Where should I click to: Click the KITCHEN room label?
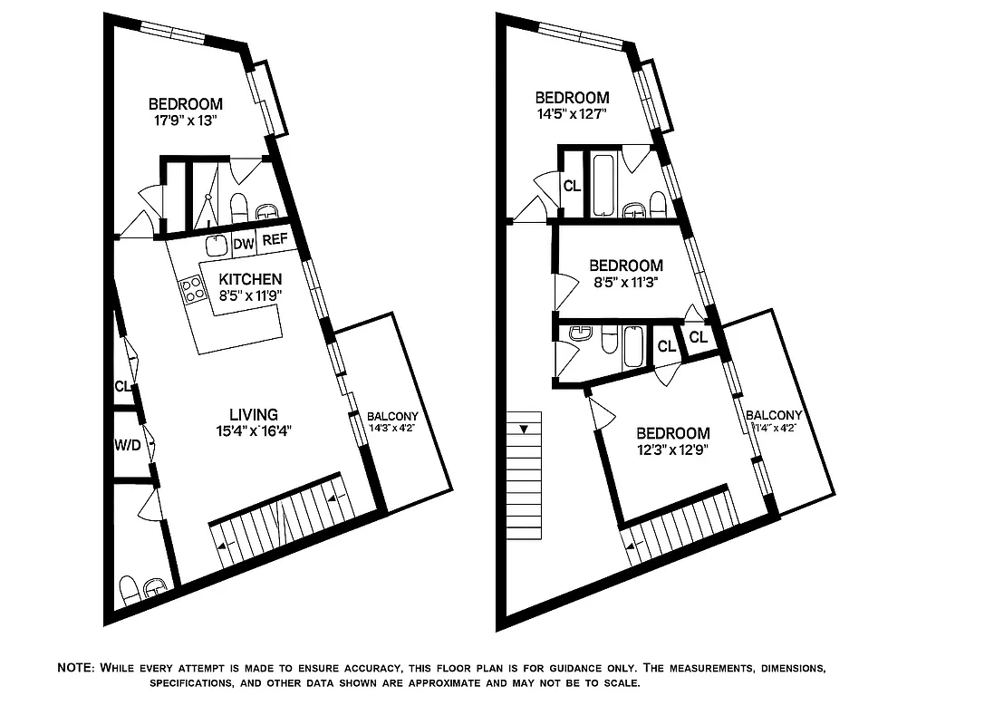pyautogui.click(x=250, y=279)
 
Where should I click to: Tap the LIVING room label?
pyautogui.click(x=253, y=414)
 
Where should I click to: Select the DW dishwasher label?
pyautogui.click(x=243, y=243)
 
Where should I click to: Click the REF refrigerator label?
pyautogui.click(x=274, y=241)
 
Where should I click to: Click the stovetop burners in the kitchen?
pyautogui.click(x=192, y=289)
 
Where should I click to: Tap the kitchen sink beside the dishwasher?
pyautogui.click(x=216, y=244)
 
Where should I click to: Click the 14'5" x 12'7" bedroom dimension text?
pyautogui.click(x=571, y=114)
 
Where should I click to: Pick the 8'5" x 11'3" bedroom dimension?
pyautogui.click(x=625, y=282)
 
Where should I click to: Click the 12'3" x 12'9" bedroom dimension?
pyautogui.click(x=672, y=449)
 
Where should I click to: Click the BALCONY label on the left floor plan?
pyautogui.click(x=392, y=417)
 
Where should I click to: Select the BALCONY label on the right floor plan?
pyautogui.click(x=773, y=415)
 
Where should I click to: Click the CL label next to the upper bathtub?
pyautogui.click(x=572, y=187)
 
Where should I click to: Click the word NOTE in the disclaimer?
pyautogui.click(x=75, y=668)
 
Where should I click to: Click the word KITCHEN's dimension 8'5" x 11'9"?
pyautogui.click(x=250, y=295)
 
